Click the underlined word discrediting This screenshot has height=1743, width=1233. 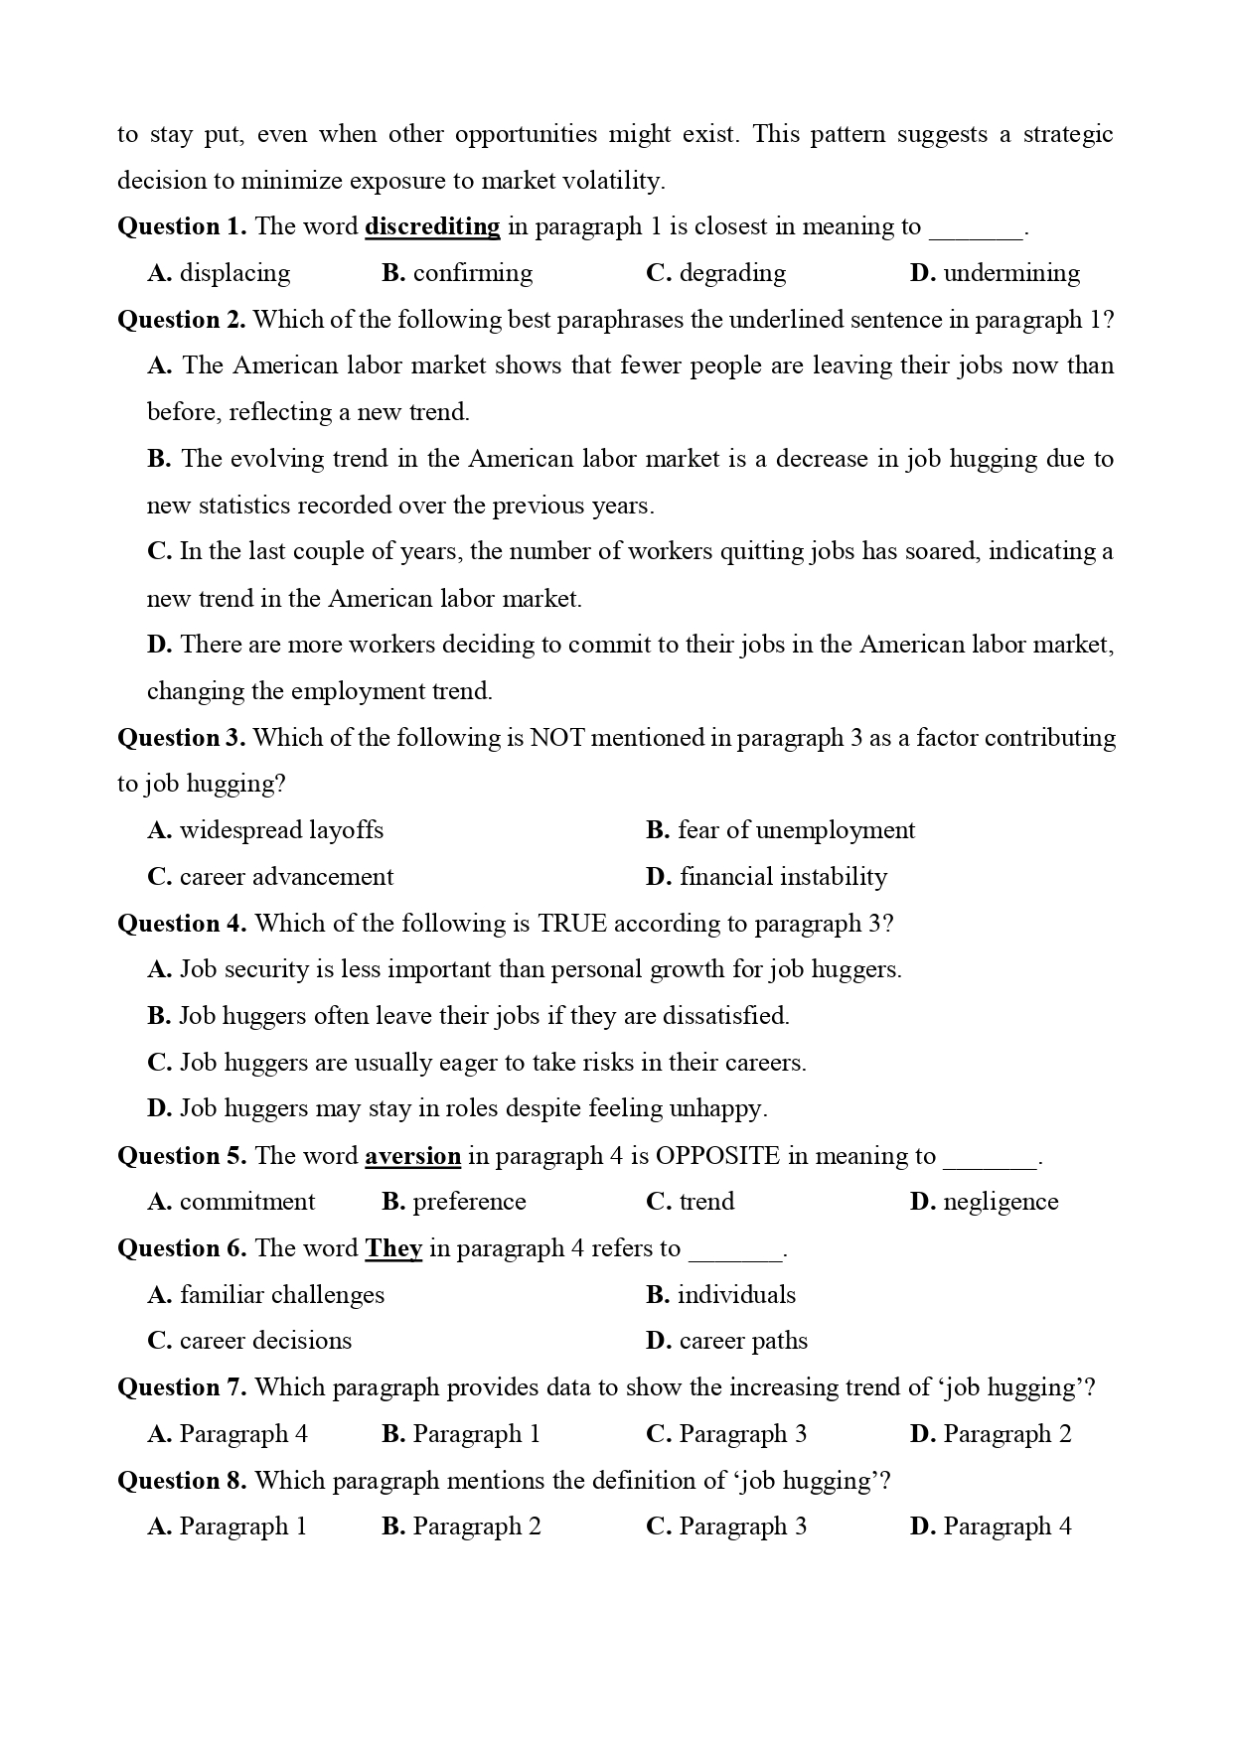[x=432, y=227]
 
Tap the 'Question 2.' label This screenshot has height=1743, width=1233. [x=182, y=320]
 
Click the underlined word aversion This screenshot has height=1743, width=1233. [x=412, y=1156]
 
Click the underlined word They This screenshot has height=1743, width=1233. [x=393, y=1248]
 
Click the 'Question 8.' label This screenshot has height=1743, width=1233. [x=182, y=1481]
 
